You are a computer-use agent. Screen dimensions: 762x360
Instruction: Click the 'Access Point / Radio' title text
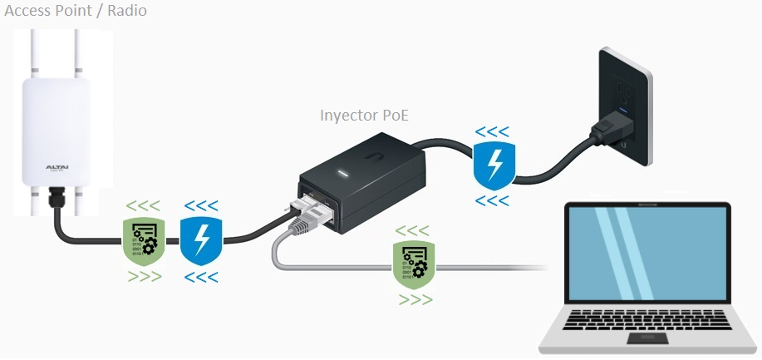76,11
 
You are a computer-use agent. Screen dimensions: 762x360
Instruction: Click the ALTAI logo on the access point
57,167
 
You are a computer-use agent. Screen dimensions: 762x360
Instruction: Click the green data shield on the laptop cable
414,264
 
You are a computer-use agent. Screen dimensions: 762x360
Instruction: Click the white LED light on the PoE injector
344,174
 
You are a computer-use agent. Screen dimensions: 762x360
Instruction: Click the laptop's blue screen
647,253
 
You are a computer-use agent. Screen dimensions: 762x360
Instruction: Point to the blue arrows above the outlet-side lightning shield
492,131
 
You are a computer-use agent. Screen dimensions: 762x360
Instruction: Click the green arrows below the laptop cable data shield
415,299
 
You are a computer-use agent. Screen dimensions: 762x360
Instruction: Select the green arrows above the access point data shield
143,206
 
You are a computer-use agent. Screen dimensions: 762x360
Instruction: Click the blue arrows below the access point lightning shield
201,278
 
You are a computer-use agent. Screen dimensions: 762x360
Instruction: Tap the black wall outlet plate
625,106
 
